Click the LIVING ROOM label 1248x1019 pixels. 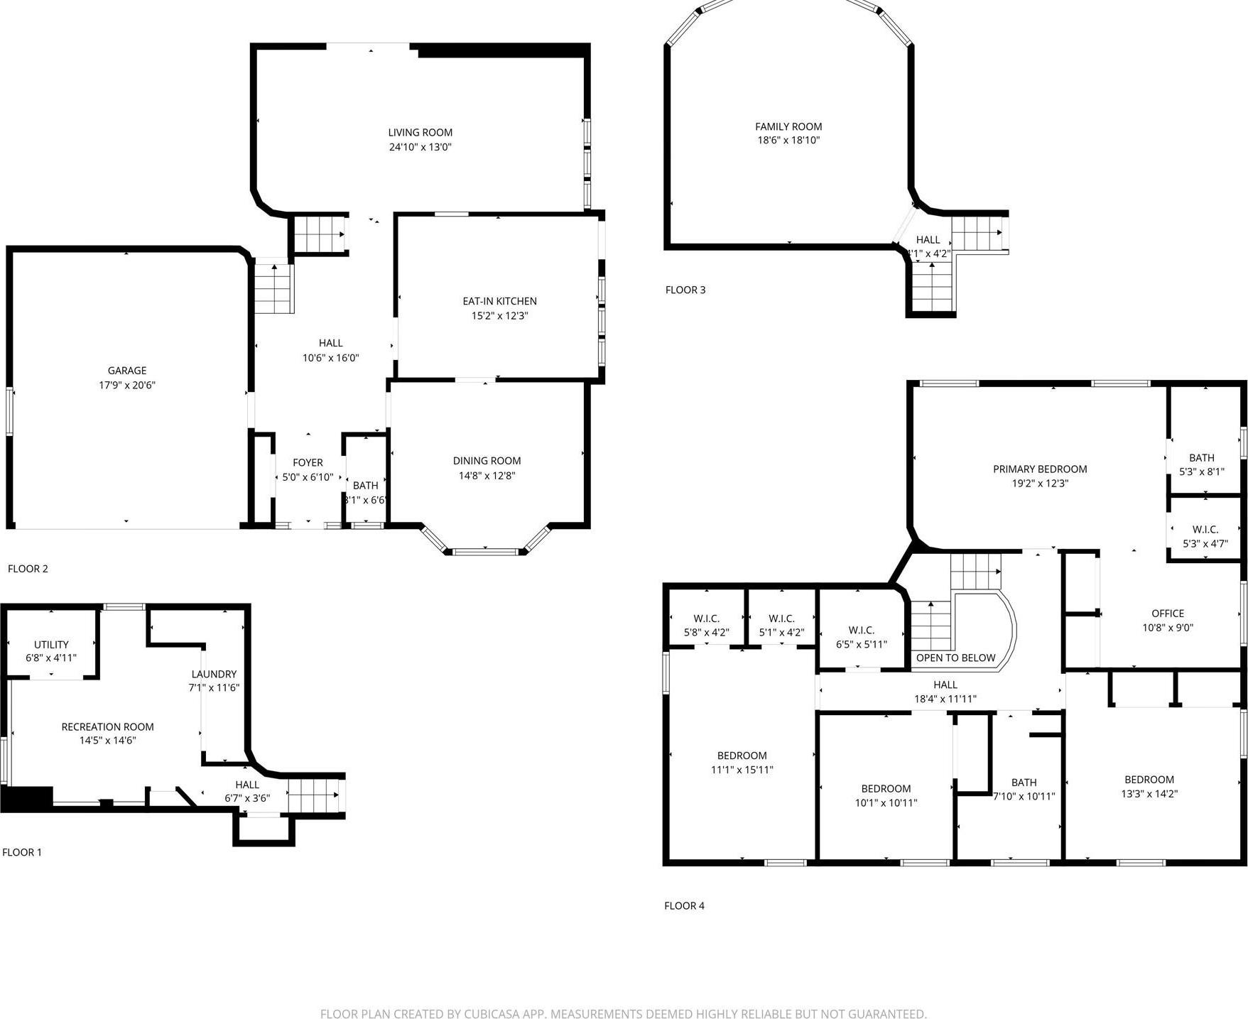(x=420, y=133)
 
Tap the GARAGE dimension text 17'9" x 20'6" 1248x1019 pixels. (x=126, y=386)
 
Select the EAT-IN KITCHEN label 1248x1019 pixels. (x=499, y=301)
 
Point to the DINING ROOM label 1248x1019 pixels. (x=487, y=461)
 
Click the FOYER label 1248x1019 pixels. (x=308, y=462)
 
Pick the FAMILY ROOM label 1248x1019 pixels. (x=788, y=126)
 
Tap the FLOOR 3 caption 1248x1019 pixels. (x=685, y=290)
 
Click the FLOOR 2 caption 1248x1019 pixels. (x=28, y=569)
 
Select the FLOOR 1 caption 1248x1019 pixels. (x=22, y=852)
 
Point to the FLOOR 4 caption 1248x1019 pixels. (x=684, y=905)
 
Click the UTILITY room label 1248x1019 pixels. (x=51, y=645)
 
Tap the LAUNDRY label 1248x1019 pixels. (x=214, y=674)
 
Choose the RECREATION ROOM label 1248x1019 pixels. (x=107, y=726)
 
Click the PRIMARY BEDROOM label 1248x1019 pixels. (x=1040, y=469)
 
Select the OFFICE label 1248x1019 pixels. (x=1168, y=614)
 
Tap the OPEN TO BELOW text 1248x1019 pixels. (x=955, y=658)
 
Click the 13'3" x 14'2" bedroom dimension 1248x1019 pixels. (x=1149, y=794)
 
